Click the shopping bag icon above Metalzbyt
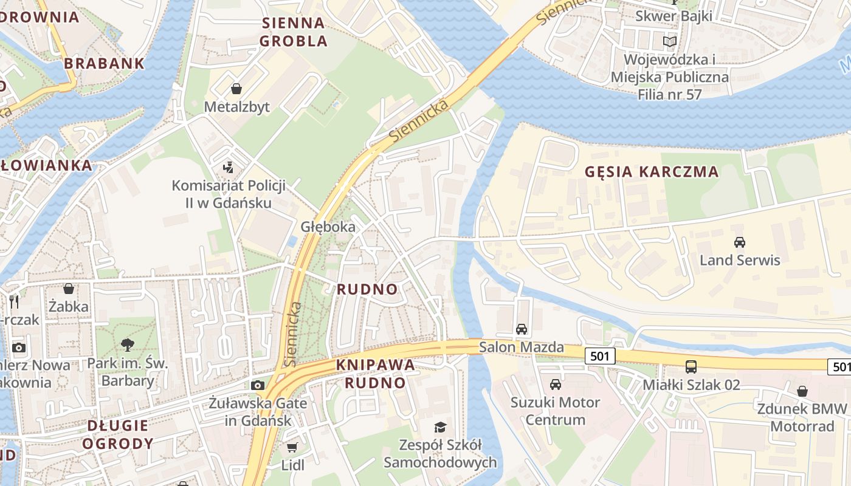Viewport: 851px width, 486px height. coord(236,89)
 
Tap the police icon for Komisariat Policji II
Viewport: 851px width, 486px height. coord(229,166)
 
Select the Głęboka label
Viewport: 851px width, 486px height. coord(328,227)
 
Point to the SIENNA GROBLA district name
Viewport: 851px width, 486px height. coord(294,32)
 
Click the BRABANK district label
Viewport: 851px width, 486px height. coord(104,63)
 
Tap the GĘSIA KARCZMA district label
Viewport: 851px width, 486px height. coord(652,172)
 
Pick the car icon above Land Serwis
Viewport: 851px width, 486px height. coord(739,242)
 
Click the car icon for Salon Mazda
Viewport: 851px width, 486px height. coord(521,329)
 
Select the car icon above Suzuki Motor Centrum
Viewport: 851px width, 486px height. coord(555,384)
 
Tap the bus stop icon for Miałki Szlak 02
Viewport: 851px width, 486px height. coord(691,366)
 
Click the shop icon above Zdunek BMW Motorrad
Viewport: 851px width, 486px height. coord(802,391)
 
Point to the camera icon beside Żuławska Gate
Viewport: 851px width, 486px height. coord(258,385)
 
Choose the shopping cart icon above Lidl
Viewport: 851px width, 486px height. coord(292,448)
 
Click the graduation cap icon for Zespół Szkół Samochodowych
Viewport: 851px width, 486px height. coord(439,427)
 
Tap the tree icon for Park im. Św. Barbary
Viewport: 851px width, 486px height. coord(128,345)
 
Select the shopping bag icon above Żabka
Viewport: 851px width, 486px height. coord(69,288)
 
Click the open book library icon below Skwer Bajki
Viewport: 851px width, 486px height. coord(669,41)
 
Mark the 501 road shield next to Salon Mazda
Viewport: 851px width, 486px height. coord(600,356)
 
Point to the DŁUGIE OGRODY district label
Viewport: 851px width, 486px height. coord(117,434)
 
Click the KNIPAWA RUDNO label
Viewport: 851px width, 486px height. coord(375,374)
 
